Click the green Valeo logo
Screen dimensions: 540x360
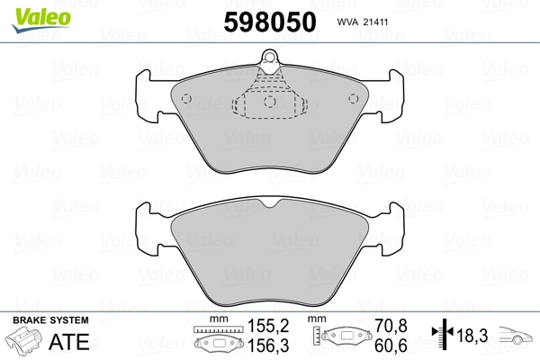tap(41, 20)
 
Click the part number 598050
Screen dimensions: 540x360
tap(270, 22)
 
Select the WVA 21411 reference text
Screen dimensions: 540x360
tap(363, 22)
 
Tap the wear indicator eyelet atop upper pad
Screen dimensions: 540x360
tap(269, 57)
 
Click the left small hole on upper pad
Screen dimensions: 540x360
tap(186, 99)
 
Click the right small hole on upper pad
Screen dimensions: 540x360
tap(354, 99)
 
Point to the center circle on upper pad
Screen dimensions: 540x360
tap(270, 102)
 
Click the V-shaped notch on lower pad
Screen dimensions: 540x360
tap(270, 203)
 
